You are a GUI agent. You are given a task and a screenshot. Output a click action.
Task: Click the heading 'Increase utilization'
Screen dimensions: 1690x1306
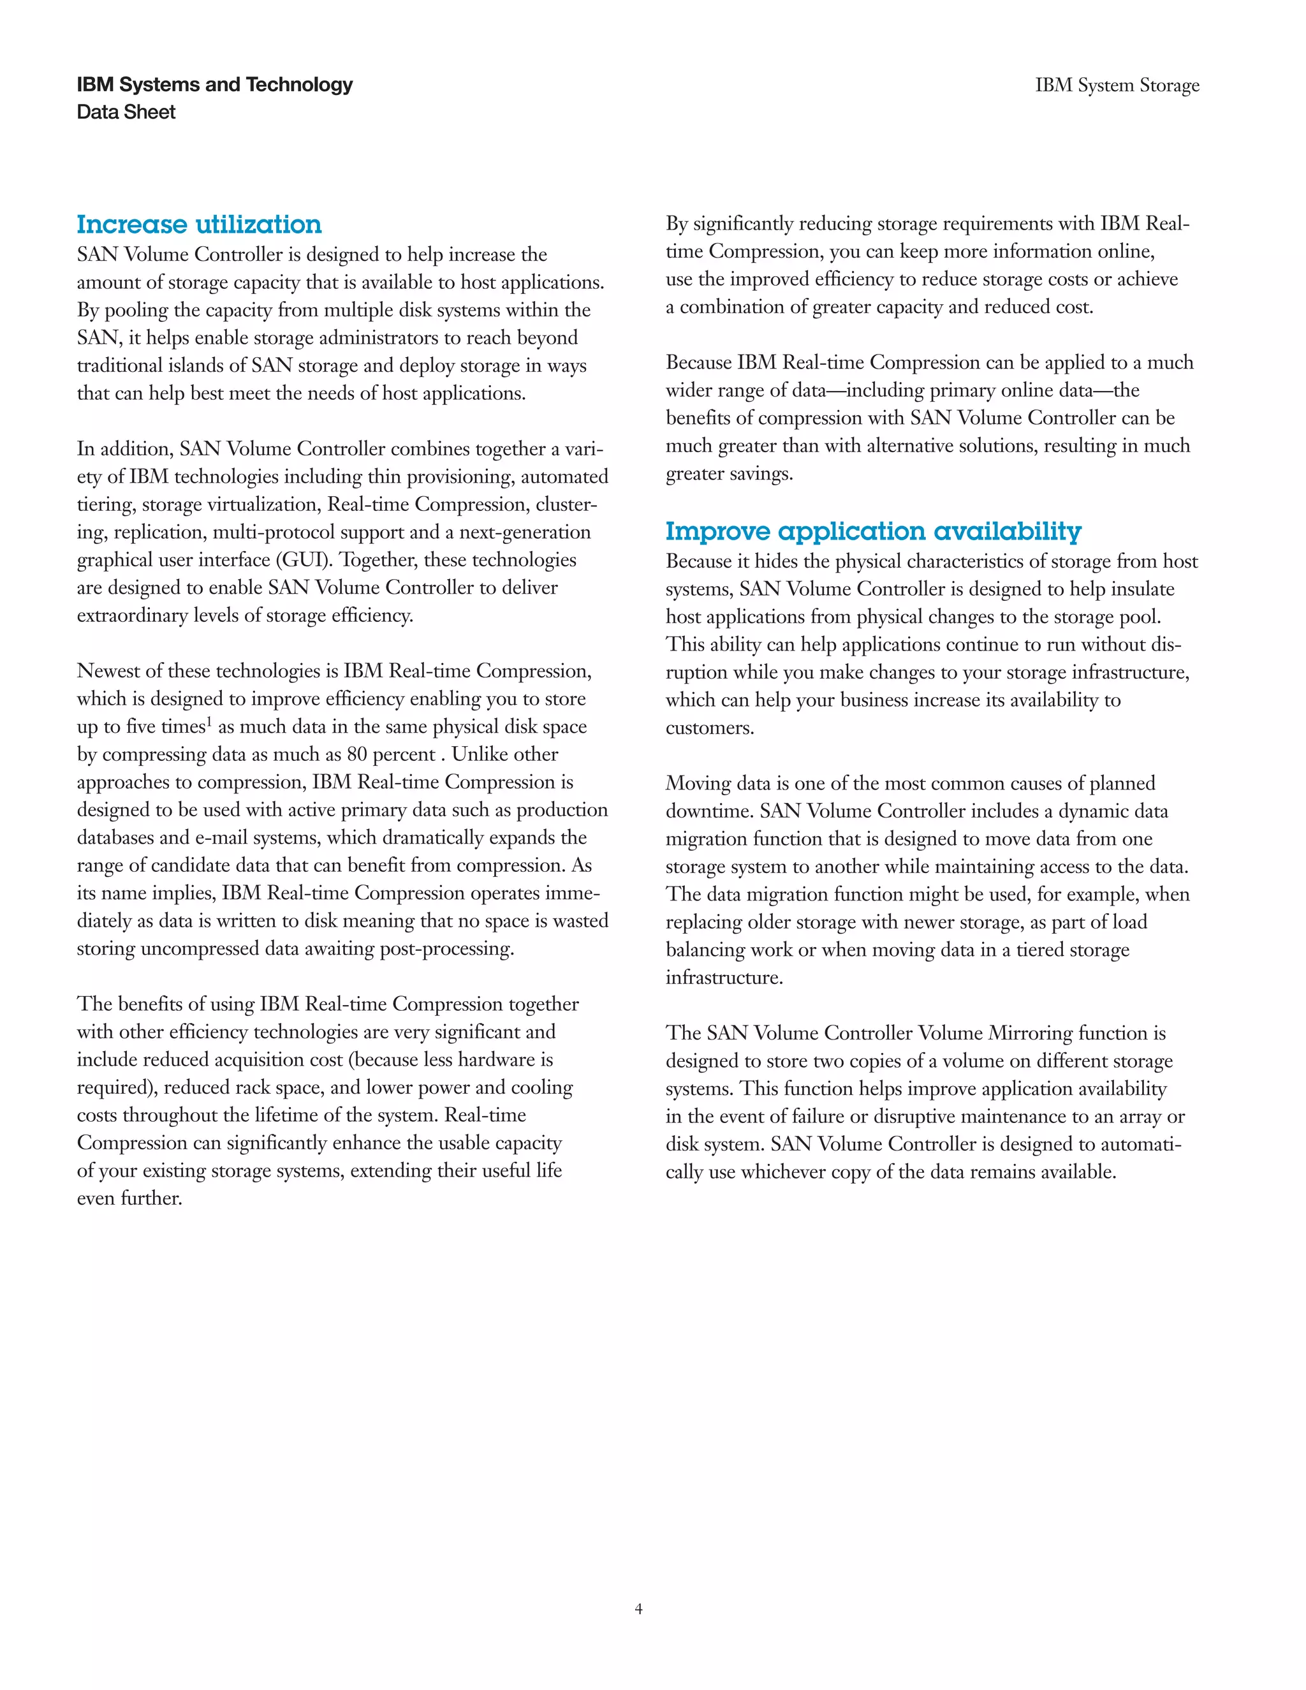point(199,224)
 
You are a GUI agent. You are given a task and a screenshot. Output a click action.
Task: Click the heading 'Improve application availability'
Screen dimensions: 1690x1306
point(873,532)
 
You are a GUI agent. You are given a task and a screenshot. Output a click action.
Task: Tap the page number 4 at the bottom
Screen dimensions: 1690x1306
point(638,1609)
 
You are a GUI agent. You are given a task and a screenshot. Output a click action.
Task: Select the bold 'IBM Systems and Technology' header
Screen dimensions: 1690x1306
point(214,84)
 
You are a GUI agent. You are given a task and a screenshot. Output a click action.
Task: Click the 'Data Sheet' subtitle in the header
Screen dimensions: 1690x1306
point(126,112)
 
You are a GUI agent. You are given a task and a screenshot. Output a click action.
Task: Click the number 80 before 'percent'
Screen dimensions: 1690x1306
point(356,754)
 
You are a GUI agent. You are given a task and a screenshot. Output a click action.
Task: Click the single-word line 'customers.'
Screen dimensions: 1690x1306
point(710,728)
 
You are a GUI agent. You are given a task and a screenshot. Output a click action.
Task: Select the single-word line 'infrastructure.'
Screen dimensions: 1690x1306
point(724,977)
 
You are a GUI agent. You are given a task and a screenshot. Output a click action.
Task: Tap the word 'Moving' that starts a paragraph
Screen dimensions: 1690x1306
point(698,783)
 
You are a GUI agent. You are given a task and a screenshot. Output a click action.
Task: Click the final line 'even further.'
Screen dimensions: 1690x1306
point(130,1199)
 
